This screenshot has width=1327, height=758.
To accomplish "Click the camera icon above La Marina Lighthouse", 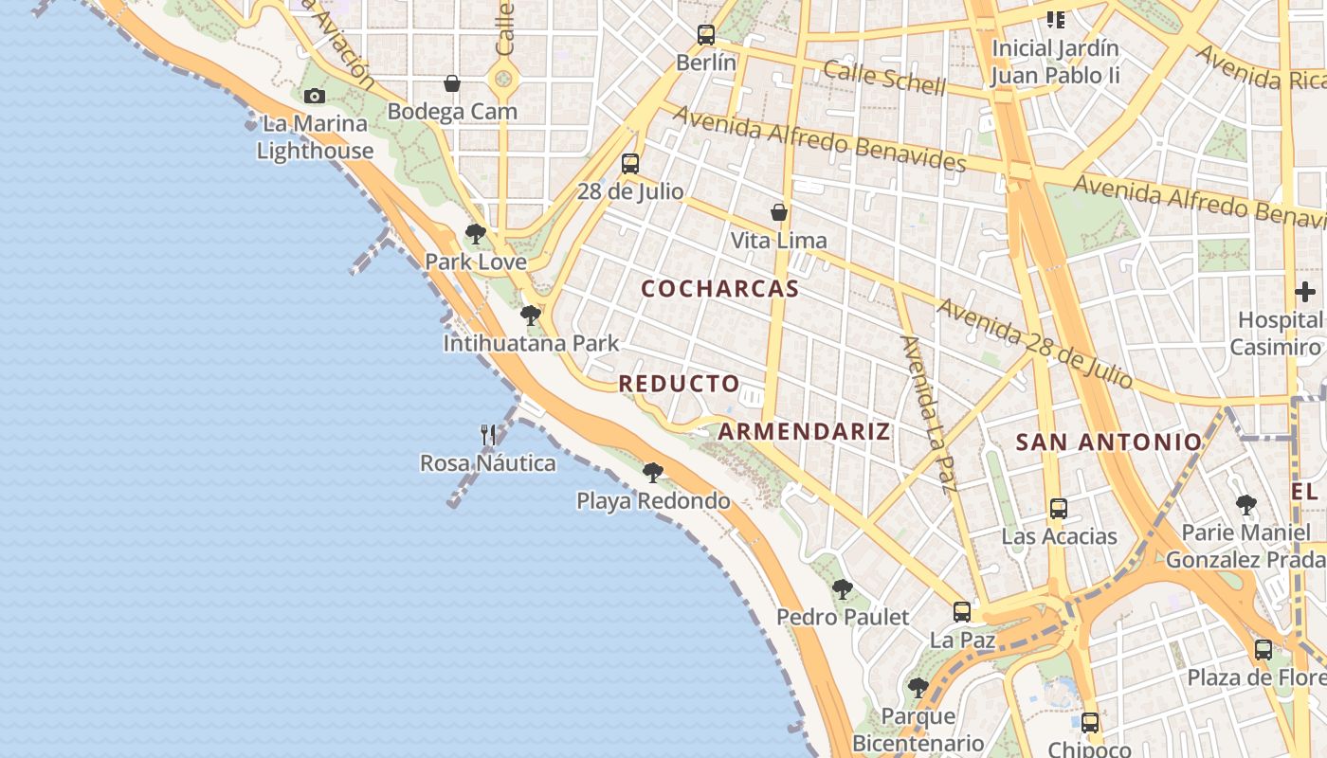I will tap(315, 96).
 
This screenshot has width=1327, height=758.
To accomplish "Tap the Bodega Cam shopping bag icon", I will tap(452, 83).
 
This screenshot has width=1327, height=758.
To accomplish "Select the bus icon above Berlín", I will tap(706, 35).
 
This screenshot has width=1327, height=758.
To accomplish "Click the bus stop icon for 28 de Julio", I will tap(630, 164).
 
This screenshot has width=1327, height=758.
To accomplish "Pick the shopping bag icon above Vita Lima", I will tap(779, 212).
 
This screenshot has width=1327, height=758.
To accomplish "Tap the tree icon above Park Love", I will tap(476, 233).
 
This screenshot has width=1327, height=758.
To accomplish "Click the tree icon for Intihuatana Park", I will tap(531, 315).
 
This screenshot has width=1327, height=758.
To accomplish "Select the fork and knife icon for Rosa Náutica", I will tap(488, 435).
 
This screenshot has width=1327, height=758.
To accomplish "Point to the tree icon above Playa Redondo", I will tap(652, 472).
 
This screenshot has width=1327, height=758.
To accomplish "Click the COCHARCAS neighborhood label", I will tap(720, 289).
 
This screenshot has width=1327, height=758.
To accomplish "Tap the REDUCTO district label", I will tap(679, 384).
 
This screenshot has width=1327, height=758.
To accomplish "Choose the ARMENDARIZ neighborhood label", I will tap(804, 432).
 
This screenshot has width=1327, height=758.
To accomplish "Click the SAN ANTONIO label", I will tap(1109, 442).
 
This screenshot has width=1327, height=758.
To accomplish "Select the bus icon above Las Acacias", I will tap(1059, 509).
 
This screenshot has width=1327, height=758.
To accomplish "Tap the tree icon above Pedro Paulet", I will tap(842, 589).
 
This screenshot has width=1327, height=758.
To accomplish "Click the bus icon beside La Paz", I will tap(962, 612).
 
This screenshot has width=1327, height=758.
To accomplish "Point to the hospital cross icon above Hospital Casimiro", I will tap(1305, 292).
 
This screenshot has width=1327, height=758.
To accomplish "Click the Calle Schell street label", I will tap(884, 78).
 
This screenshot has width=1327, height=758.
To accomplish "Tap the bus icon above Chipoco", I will tap(1090, 723).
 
